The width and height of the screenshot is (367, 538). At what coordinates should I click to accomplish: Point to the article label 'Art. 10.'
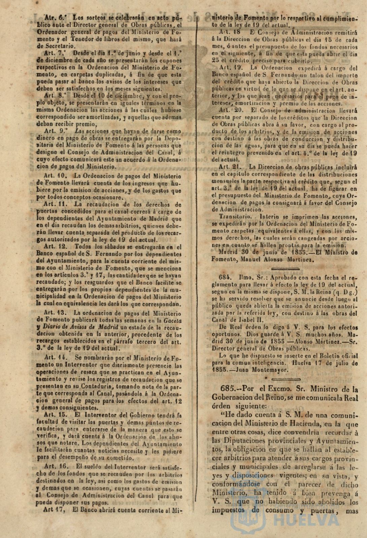tap(56, 175)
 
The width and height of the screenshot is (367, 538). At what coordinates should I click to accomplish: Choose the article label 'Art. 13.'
tap(56, 312)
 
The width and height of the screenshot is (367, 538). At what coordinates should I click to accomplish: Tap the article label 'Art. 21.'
tap(230, 166)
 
